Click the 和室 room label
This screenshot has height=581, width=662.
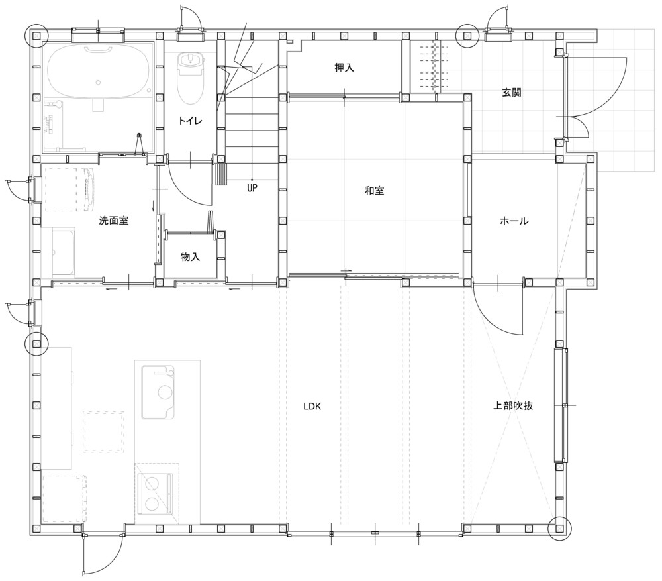(375, 191)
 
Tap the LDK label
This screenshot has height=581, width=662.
(312, 407)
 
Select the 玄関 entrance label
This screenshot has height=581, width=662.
(512, 93)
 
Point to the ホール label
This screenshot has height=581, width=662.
(514, 221)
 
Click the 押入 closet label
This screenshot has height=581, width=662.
(344, 68)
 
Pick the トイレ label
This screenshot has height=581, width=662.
(191, 121)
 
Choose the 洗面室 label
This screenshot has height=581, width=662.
(114, 221)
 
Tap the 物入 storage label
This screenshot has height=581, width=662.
(191, 256)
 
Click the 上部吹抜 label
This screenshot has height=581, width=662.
(513, 405)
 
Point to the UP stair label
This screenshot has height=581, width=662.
(252, 188)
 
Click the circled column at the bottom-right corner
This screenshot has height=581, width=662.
(559, 528)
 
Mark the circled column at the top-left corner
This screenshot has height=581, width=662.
(36, 36)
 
